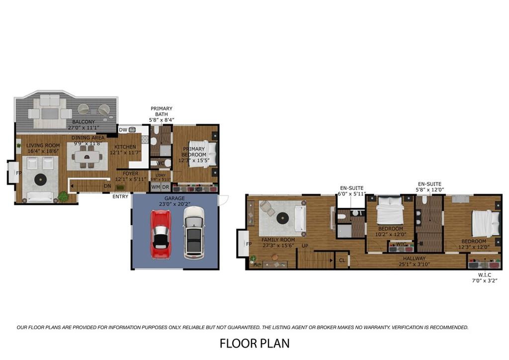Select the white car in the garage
pos(194,232)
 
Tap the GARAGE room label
pos(174,198)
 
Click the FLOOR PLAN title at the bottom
pos(254,343)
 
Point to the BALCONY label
pos(83,122)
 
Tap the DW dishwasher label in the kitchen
pos(123,130)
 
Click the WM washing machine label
pos(156,187)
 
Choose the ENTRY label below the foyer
pos(120,196)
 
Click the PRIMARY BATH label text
pos(161,111)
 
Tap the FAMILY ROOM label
pos(278,240)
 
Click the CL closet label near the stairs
pos(342,260)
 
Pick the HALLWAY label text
pos(414,258)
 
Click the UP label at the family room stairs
pos(305,246)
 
